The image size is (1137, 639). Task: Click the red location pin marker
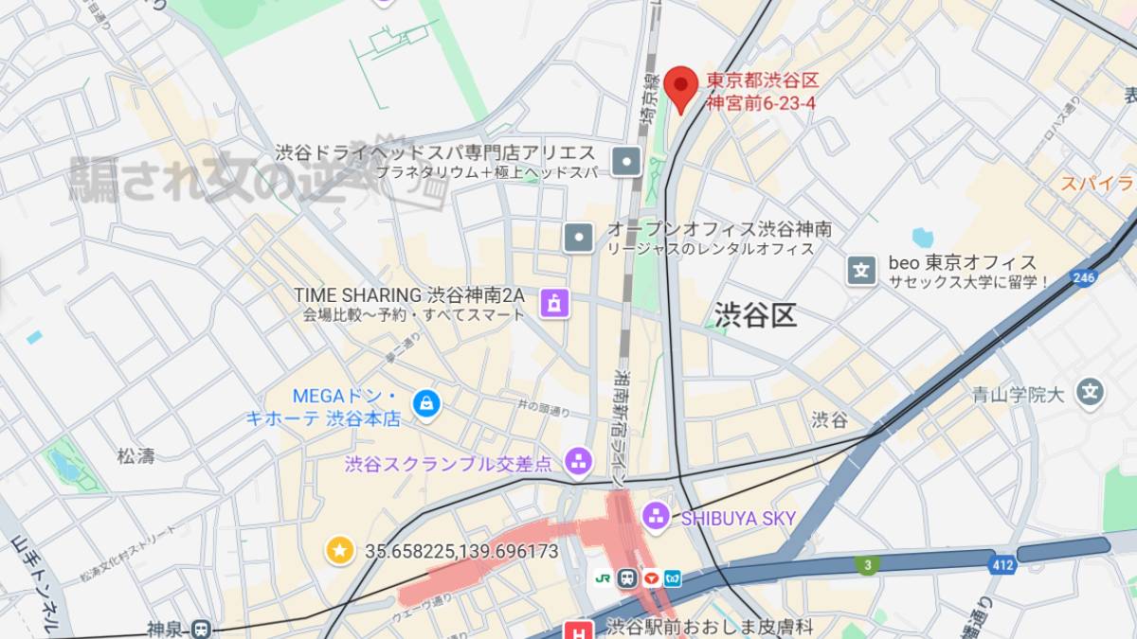(680, 87)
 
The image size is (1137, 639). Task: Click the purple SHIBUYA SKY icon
(655, 517)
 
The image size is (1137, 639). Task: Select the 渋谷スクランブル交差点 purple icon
(577, 463)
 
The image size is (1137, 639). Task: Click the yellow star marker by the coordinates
(339, 550)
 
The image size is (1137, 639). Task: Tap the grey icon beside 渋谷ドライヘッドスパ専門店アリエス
(626, 161)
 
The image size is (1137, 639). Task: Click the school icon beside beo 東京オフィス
(861, 271)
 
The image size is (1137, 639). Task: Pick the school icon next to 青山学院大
(1092, 392)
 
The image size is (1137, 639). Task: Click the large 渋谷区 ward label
(755, 314)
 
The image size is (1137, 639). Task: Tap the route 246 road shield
(1084, 277)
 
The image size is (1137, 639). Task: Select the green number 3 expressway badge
(866, 565)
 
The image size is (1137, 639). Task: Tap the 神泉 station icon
(200, 629)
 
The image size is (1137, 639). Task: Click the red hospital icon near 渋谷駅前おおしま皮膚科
(577, 630)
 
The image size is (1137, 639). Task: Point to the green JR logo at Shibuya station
(603, 577)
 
